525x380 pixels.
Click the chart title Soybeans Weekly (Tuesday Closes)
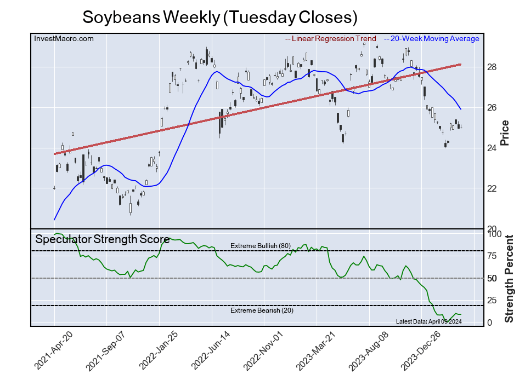tap(220, 17)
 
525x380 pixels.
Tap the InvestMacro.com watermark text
tap(64, 38)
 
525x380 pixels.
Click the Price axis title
tap(505, 133)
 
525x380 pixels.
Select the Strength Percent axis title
tap(509, 278)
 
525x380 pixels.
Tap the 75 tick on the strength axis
tap(492, 256)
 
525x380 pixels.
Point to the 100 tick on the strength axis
tap(494, 234)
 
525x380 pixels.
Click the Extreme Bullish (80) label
tap(260, 246)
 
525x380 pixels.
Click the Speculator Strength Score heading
tap(103, 239)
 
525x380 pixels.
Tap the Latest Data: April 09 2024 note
tap(428, 321)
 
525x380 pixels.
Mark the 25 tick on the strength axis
tap(492, 300)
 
